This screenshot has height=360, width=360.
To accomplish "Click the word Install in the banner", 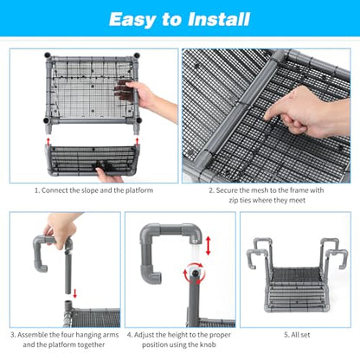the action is pyautogui.click(x=219, y=19).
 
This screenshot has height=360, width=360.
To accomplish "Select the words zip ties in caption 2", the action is pyautogui.click(x=240, y=200).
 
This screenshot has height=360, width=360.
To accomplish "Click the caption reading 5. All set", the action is pyautogui.click(x=297, y=335).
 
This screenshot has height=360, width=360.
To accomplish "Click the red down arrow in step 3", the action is pyautogui.click(x=75, y=293).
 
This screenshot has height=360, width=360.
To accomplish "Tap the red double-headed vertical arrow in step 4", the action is pyautogui.click(x=209, y=246).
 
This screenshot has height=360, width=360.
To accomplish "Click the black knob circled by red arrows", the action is pyautogui.click(x=196, y=273).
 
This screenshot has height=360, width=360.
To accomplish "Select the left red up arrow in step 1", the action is pyautogui.click(x=48, y=141).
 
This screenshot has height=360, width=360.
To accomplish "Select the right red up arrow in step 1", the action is pyautogui.click(x=137, y=141).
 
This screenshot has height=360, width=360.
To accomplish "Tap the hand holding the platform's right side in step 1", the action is pyautogui.click(x=150, y=98).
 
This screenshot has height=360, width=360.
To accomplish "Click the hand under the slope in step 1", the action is pyautogui.click(x=108, y=176).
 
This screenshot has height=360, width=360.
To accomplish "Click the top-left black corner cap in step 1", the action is pyautogui.click(x=48, y=55).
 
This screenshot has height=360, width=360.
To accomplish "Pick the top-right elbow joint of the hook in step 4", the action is pyautogui.click(x=194, y=232).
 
